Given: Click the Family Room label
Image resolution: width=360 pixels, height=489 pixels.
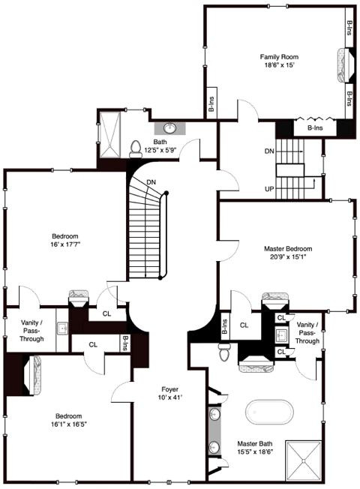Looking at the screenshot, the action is click(279, 57).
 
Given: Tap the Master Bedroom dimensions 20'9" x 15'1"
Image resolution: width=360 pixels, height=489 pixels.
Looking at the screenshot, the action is click(288, 257).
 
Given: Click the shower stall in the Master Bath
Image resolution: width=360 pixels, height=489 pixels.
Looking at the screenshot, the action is click(304, 460).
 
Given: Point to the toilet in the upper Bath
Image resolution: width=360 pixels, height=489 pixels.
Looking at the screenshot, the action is click(136, 149).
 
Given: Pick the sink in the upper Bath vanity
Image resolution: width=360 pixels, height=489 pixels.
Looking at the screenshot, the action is click(170, 127).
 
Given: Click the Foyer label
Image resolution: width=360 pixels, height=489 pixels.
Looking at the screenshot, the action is click(170, 389).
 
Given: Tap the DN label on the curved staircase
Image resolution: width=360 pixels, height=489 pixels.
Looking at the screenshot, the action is click(151, 182).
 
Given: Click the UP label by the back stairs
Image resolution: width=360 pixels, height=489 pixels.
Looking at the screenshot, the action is click(269, 189).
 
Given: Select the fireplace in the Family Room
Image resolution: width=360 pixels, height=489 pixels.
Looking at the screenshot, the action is click(346, 65).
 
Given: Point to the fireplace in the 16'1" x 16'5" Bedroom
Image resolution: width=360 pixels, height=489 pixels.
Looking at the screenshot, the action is click(32, 376).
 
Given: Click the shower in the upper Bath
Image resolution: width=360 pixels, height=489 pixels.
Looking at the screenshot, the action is click(109, 134).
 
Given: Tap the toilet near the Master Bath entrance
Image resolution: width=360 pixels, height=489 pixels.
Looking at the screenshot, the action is click(223, 352).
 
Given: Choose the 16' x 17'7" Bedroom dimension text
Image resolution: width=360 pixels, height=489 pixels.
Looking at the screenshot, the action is click(65, 244).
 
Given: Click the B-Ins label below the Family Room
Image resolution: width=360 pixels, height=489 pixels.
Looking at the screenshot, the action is click(315, 127).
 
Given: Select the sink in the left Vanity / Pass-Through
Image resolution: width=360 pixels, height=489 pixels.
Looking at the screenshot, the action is click(63, 328).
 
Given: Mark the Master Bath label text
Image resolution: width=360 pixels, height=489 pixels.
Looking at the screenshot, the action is click(255, 443).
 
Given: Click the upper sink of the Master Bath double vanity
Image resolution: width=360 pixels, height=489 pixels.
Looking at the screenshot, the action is click(214, 415).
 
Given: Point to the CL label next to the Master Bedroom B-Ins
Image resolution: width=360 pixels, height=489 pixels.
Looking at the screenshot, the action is click(244, 325).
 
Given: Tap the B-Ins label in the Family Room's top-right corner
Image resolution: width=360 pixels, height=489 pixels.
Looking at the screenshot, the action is click(349, 28).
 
